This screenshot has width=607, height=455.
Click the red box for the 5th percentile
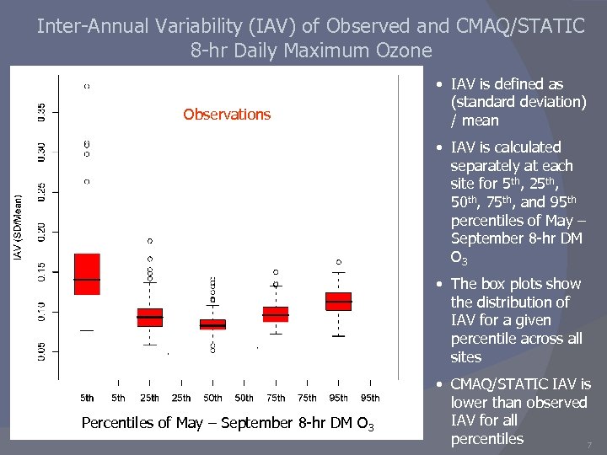[x=87, y=274]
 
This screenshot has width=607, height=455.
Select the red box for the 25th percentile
[x=149, y=318]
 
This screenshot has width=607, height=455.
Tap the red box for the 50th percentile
[x=212, y=324]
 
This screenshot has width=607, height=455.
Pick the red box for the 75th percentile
[x=276, y=314]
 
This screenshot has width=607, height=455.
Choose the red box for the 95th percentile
[x=338, y=301]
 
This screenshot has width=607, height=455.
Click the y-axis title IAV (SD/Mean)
[x=18, y=227]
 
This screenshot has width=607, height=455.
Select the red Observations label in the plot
[x=227, y=115]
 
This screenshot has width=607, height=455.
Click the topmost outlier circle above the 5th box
[x=87, y=86]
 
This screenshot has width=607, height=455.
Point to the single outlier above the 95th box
[x=339, y=262]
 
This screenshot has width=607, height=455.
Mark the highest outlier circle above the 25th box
[x=150, y=242]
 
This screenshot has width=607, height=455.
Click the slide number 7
[x=588, y=444]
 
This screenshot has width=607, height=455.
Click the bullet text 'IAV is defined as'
[x=507, y=84]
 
